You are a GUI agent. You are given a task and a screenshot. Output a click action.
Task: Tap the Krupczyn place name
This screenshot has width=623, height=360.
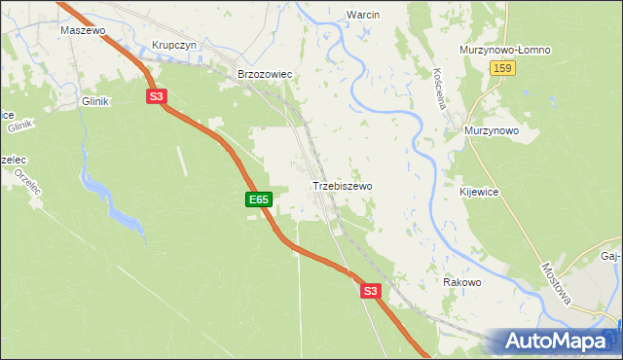pyautogui.click(x=174, y=46)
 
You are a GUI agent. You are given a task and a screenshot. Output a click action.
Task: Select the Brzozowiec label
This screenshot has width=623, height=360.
pyautogui.click(x=266, y=74)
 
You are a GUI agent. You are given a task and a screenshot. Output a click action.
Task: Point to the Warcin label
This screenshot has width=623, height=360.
pyautogui.click(x=362, y=15)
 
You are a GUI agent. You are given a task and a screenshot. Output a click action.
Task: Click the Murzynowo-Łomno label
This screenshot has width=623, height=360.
pyautogui.click(x=505, y=50)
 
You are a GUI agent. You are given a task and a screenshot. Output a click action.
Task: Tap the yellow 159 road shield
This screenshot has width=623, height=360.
pyautogui.click(x=502, y=68)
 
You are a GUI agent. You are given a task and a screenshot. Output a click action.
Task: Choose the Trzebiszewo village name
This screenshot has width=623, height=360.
pyautogui.click(x=342, y=185)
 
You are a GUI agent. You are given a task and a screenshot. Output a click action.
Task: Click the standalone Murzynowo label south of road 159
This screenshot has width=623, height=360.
pyautogui.click(x=491, y=130)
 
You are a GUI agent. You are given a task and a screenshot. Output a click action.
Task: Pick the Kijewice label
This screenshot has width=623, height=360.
pyautogui.click(x=479, y=193)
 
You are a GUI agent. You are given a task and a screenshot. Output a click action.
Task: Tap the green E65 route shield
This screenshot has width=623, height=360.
pyautogui.click(x=258, y=199)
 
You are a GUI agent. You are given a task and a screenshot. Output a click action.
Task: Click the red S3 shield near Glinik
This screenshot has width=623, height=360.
pyautogui.click(x=157, y=96)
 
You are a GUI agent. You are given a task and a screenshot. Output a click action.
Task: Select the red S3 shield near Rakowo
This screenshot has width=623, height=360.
pyautogui.click(x=369, y=291)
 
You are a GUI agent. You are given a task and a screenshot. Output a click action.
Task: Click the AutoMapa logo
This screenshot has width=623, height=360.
pyautogui.click(x=558, y=342)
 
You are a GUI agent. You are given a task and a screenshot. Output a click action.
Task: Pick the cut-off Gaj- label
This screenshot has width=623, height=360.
pyautogui.click(x=611, y=256)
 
